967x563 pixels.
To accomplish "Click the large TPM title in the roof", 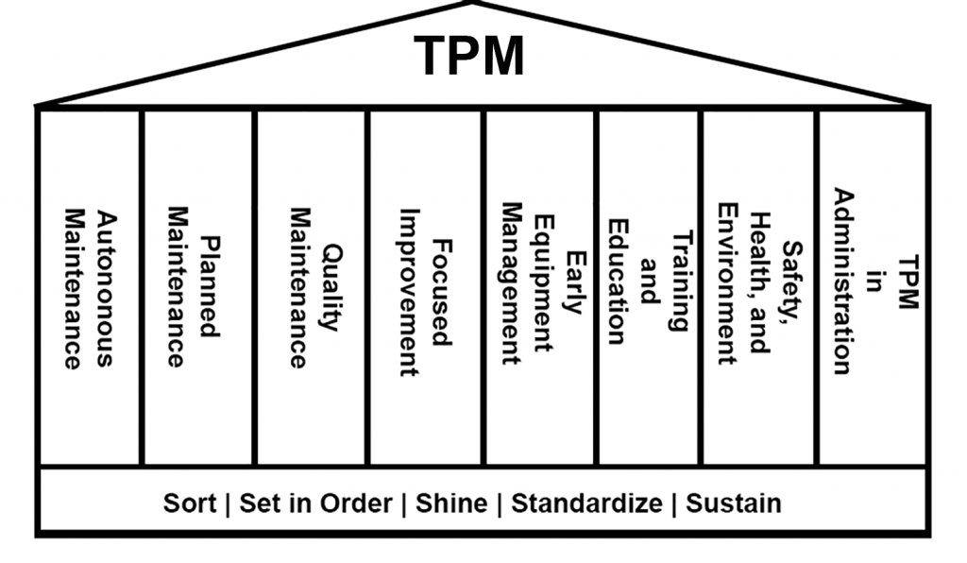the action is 468,56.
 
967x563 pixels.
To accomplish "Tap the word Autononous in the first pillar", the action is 106,289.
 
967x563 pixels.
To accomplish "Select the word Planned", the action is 210,286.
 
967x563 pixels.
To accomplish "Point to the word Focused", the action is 442,292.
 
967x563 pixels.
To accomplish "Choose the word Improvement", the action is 409,292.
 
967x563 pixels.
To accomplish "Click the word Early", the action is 575,282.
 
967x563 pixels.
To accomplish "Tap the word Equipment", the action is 543,283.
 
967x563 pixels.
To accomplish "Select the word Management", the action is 511,283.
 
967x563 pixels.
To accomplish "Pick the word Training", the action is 682,281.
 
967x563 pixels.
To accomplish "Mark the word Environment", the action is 728,283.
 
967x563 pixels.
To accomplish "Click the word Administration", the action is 843,281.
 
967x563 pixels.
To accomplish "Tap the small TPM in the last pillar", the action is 908,281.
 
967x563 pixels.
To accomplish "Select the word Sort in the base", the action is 189,503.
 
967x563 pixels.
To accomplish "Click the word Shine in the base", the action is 451,503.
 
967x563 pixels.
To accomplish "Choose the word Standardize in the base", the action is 586,503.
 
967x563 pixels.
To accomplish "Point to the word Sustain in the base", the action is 733,503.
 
